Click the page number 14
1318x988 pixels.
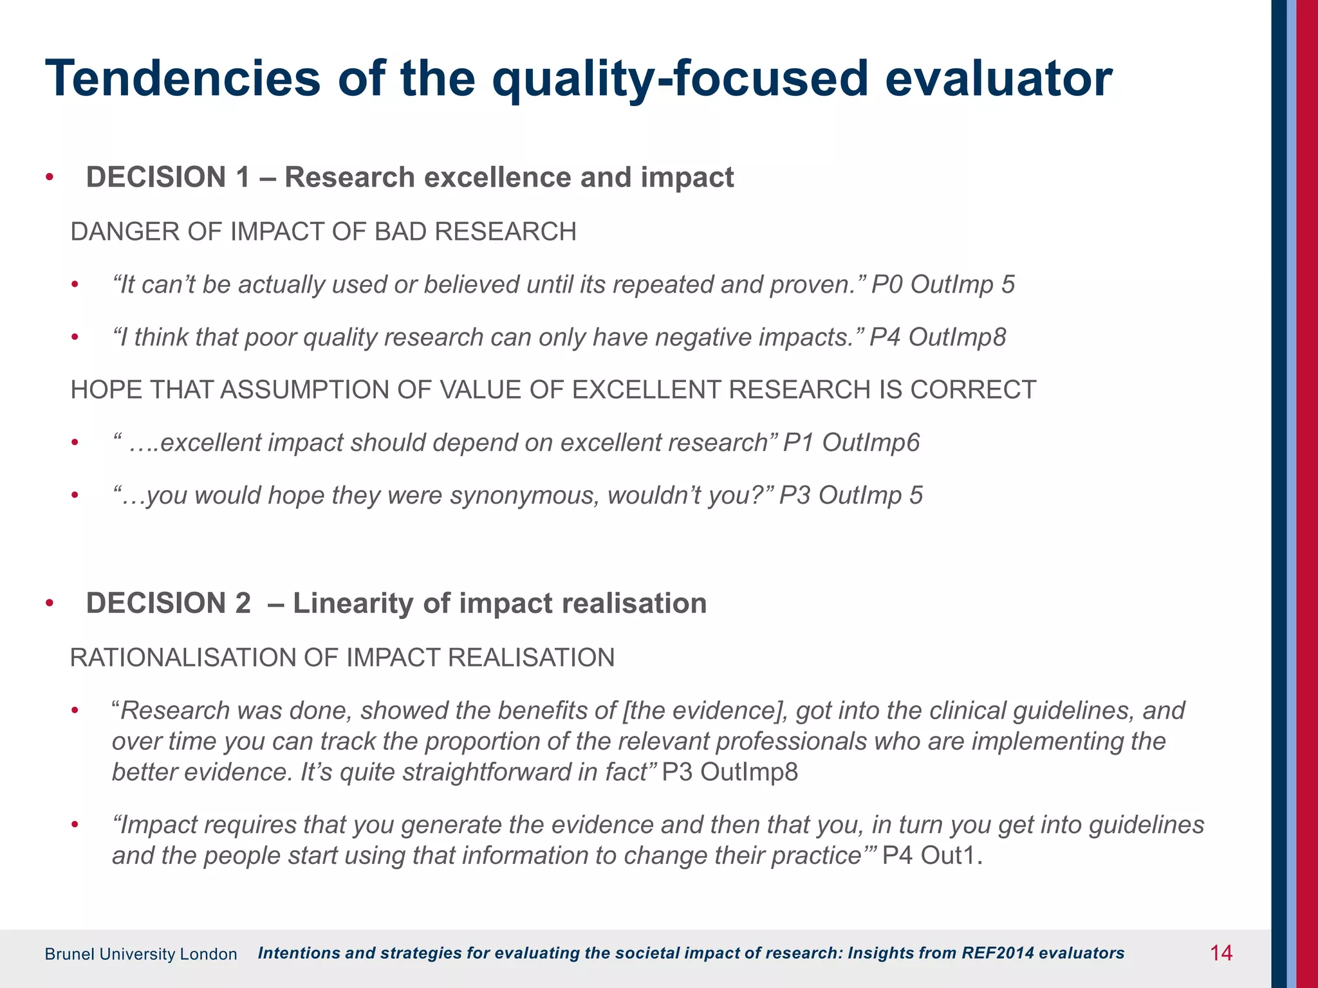coord(1221,953)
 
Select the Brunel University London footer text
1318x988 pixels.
coord(141,954)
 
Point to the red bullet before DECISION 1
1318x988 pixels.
coord(50,178)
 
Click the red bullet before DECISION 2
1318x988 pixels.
coord(50,604)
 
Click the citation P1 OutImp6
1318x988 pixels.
coord(851,443)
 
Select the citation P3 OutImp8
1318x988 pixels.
coord(730,772)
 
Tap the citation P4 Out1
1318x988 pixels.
coord(931,855)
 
